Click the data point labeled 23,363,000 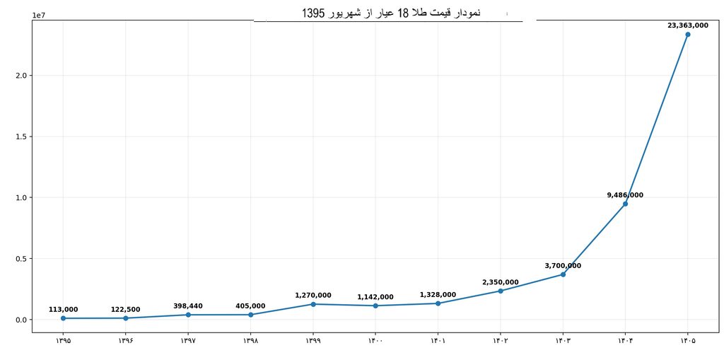click(x=687, y=35)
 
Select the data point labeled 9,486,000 click(x=625, y=204)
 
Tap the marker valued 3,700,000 click(x=563, y=274)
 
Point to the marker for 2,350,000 click(x=501, y=291)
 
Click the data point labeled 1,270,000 click(x=313, y=304)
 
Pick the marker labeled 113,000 click(x=63, y=318)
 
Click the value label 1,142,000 click(x=375, y=297)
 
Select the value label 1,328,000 click(x=438, y=295)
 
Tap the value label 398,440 click(x=188, y=306)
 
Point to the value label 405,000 click(x=250, y=306)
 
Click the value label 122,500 click(x=126, y=310)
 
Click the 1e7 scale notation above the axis click(x=38, y=15)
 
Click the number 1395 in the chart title click(x=313, y=13)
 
